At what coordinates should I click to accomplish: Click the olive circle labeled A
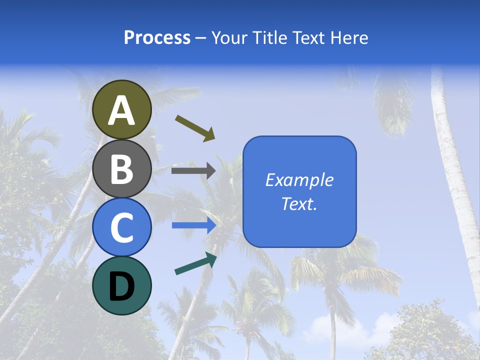click(x=122, y=109)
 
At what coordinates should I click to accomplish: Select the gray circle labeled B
click(x=122, y=168)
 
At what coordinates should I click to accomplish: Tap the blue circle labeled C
click(x=122, y=227)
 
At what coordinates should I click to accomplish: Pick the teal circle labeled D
click(x=122, y=285)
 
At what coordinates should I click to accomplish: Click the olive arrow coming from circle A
click(x=195, y=128)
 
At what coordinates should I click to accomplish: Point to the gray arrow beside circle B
click(x=193, y=171)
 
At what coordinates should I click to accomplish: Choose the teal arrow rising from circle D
click(x=195, y=263)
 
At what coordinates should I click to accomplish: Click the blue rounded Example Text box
click(x=299, y=191)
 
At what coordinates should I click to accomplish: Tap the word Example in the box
click(x=299, y=180)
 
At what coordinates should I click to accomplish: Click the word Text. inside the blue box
click(x=299, y=203)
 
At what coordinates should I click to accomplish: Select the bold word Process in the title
click(x=157, y=37)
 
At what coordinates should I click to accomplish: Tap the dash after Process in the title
click(x=200, y=38)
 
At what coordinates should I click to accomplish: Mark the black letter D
click(x=122, y=286)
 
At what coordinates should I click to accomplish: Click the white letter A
click(x=122, y=110)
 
